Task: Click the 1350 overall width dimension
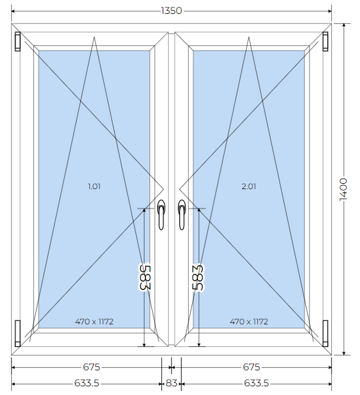[171, 11]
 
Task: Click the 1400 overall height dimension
[343, 189]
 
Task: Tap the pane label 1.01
[94, 187]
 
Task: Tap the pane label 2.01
[249, 187]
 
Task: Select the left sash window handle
[161, 214]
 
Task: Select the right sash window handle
[182, 214]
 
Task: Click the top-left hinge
[17, 41]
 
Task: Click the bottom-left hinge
[17, 333]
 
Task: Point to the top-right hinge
[325, 41]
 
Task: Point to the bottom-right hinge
[325, 333]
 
